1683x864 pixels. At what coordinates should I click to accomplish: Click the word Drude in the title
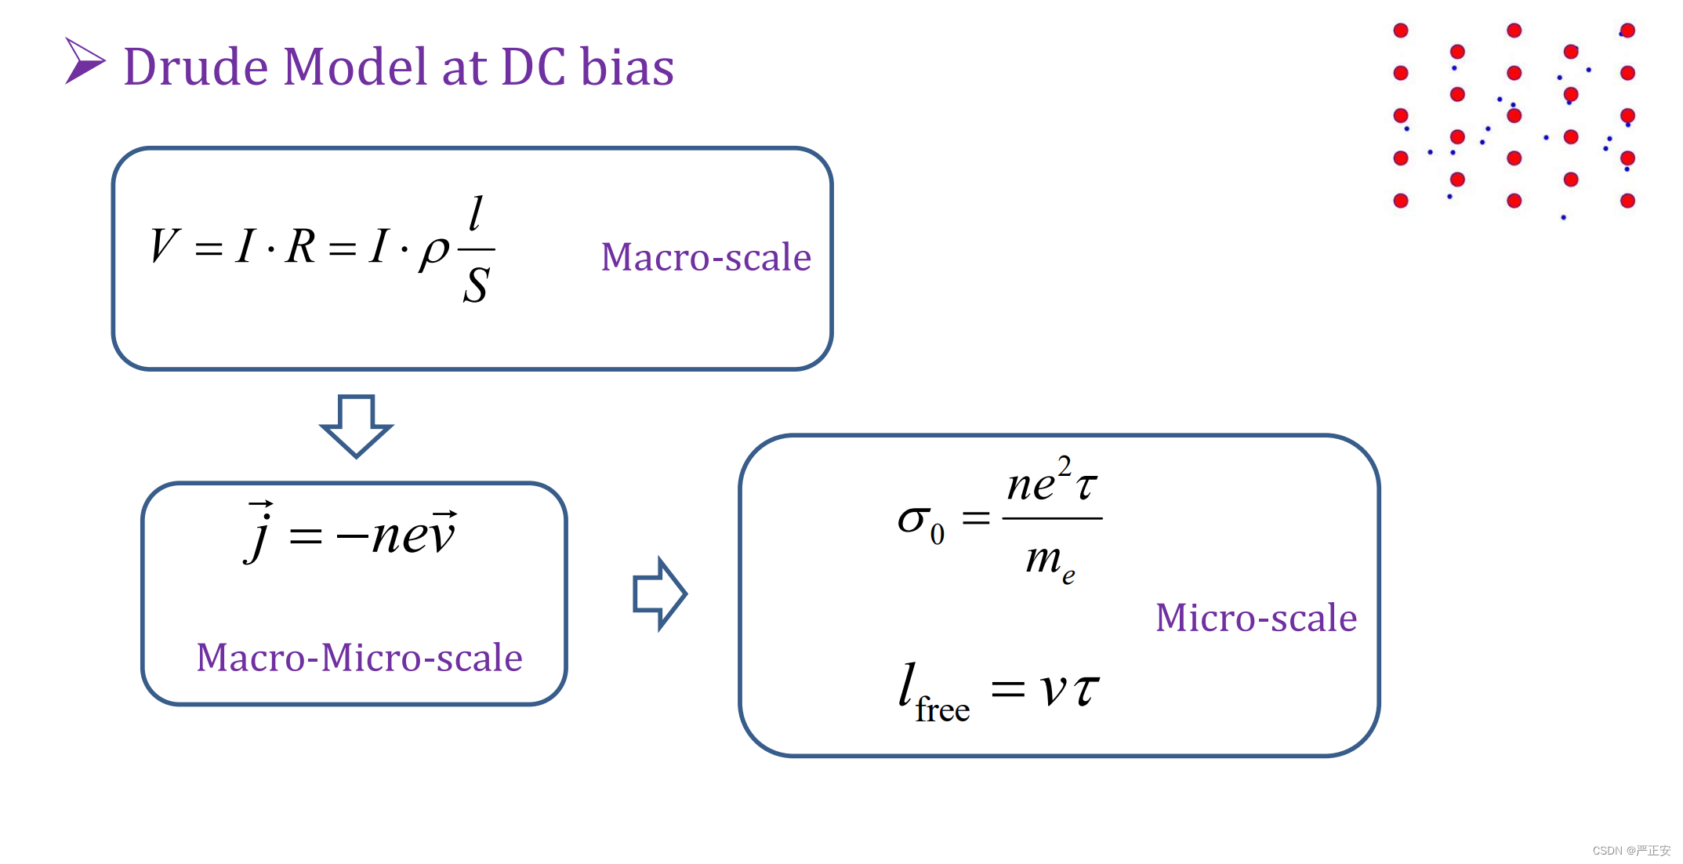click(197, 67)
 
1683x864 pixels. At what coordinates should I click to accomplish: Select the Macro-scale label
click(705, 257)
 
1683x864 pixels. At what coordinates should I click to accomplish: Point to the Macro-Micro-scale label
click(359, 657)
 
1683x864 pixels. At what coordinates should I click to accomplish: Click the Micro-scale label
click(1256, 618)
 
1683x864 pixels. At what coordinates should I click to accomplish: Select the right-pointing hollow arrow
click(659, 594)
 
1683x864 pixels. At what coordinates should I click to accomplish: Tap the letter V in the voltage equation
click(165, 245)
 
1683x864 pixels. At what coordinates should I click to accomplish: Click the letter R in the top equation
click(301, 246)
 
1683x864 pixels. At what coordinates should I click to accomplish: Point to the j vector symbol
click(259, 532)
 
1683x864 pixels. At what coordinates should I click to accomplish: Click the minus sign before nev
click(352, 536)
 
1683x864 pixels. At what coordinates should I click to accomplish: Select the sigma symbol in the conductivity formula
click(914, 520)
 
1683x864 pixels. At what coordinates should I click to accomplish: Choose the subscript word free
click(942, 710)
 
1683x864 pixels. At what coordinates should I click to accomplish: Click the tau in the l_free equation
click(1086, 690)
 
